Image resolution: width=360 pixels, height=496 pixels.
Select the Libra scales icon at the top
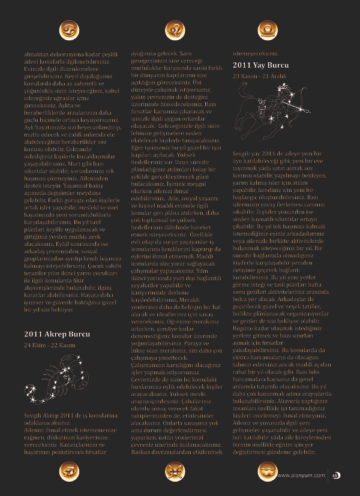coord(266,29)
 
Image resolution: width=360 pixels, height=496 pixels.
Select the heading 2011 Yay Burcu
coord(259,65)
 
